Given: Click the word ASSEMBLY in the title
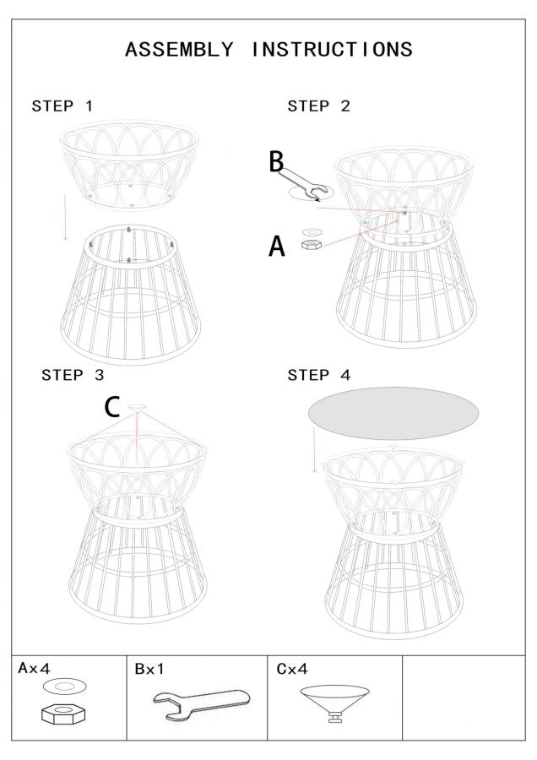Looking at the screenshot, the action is click(x=179, y=50).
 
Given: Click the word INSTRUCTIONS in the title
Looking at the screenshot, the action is click(x=332, y=50).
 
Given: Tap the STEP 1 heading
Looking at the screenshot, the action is click(x=62, y=106).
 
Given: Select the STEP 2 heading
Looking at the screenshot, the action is click(x=318, y=106).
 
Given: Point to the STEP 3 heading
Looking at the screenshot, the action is click(x=73, y=375).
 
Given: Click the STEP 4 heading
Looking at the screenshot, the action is click(x=318, y=375).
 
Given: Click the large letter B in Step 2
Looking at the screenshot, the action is click(x=276, y=162).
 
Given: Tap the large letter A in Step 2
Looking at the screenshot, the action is click(x=277, y=246).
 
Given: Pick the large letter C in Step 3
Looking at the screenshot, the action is click(x=112, y=407).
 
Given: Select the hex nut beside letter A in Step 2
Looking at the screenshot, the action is click(x=312, y=244).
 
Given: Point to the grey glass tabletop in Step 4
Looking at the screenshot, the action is click(x=393, y=414).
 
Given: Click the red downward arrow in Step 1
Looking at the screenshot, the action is click(x=65, y=217).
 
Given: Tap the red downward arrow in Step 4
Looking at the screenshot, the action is click(x=313, y=450).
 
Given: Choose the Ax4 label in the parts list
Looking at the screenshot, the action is click(x=34, y=669).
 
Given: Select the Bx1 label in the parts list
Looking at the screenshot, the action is click(x=149, y=669).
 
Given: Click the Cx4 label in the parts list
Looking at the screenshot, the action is click(x=292, y=669).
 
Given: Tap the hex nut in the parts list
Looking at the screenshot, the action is click(x=63, y=714).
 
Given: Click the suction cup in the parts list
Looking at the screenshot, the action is click(x=334, y=703).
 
